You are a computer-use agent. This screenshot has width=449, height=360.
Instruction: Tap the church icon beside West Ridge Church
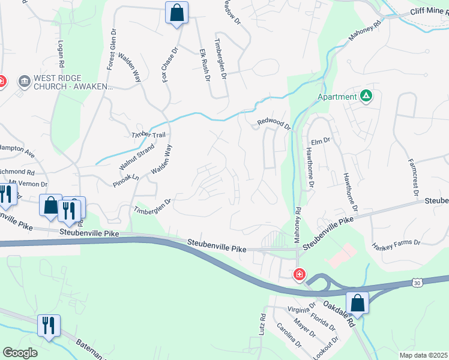(25, 81)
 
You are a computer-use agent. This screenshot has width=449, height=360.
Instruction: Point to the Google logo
(20, 352)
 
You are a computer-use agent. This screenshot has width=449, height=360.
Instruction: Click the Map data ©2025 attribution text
(424, 355)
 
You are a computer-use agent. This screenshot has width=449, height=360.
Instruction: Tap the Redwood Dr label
(274, 124)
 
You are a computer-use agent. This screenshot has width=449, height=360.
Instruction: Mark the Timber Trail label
(148, 135)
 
